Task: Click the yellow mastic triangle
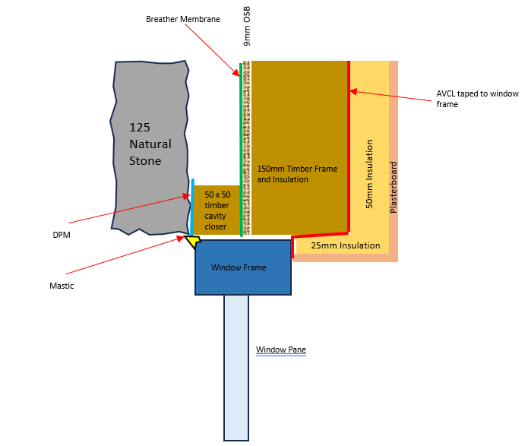pos(193,241)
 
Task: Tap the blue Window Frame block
pos(243,267)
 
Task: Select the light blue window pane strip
pos(236,368)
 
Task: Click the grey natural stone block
pos(150,147)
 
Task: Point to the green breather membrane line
pos(241,150)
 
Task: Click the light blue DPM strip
pos(193,207)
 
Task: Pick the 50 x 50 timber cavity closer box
pos(217,210)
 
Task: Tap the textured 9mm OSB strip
pos(246,147)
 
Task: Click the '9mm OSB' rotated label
pos(247,26)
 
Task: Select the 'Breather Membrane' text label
pos(183,19)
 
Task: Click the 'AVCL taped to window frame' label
pos(477,99)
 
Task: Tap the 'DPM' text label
pos(62,235)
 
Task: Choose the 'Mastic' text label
pos(62,286)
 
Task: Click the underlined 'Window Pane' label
pos(281,350)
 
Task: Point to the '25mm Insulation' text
pos(346,245)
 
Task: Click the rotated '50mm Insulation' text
pos(369,174)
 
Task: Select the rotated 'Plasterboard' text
pos(394,188)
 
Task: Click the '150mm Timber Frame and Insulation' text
pos(297,174)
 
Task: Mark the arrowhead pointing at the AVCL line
pos(353,91)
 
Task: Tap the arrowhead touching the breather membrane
pos(236,72)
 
